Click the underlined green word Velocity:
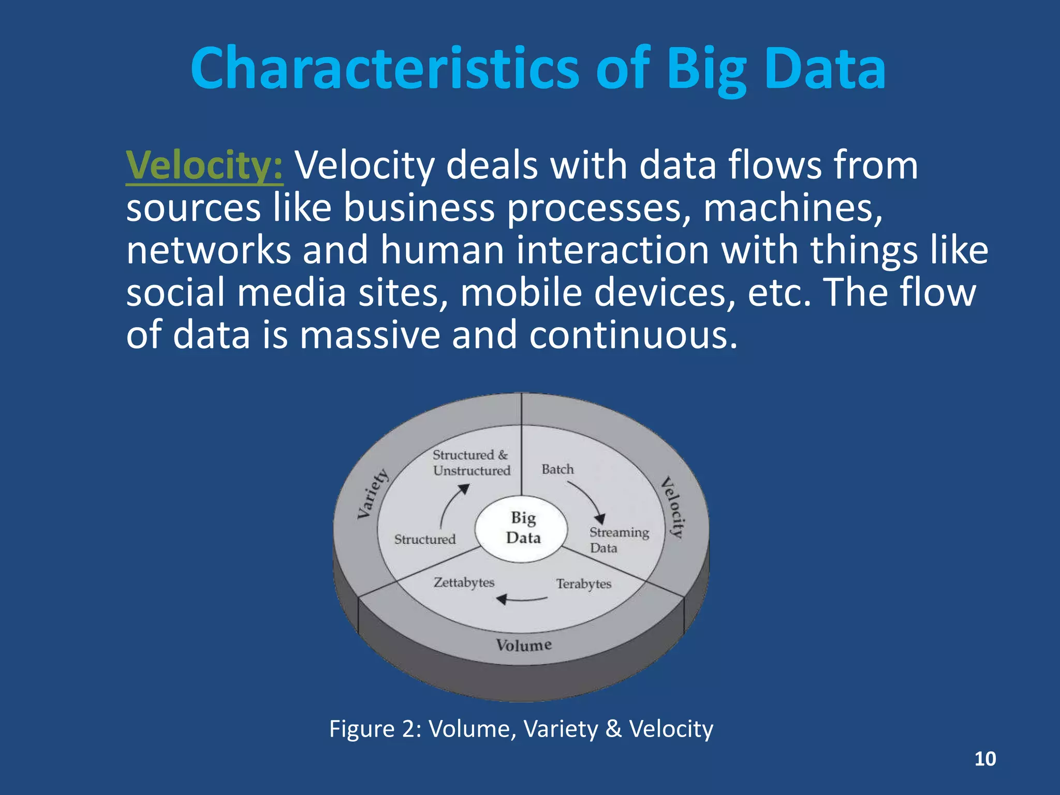click(x=204, y=166)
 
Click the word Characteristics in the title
click(x=384, y=69)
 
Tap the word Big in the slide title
click(x=706, y=69)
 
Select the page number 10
click(x=984, y=759)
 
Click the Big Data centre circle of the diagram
click(x=523, y=528)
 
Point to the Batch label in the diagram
click(x=557, y=469)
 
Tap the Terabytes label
click(x=583, y=584)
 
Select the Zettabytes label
click(x=464, y=582)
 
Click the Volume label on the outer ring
click(x=523, y=645)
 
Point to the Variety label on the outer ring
click(x=373, y=493)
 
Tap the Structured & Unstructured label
click(x=471, y=463)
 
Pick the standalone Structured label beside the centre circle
click(x=424, y=539)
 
